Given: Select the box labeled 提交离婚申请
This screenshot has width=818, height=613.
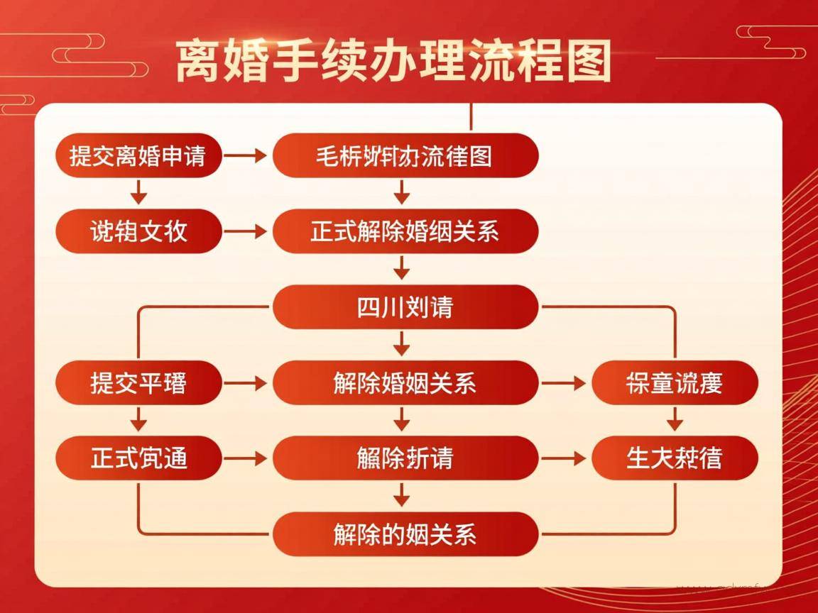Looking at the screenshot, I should tap(138, 155).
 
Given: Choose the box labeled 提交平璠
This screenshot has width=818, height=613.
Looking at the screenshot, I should tap(138, 383).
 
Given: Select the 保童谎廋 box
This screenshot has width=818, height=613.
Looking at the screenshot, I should tap(675, 383).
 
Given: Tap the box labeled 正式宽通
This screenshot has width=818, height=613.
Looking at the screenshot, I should tap(138, 458).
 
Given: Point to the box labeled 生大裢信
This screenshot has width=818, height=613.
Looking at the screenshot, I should tap(675, 458).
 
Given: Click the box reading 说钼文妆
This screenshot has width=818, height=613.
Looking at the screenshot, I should tap(138, 231).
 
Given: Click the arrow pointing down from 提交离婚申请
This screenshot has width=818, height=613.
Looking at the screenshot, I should tap(139, 192).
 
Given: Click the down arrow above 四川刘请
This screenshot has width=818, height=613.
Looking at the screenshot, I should tap(403, 268).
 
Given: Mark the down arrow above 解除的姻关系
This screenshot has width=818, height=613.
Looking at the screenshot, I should tap(403, 495).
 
